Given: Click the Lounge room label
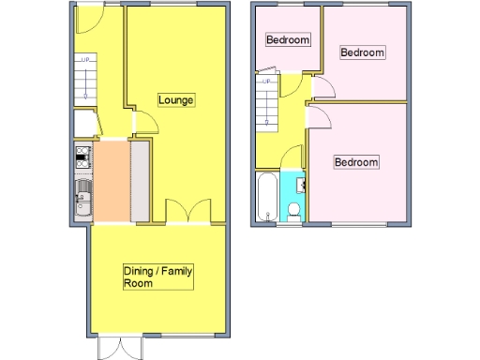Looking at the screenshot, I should tap(175, 100).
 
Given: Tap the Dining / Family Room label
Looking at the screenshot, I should tap(157, 277).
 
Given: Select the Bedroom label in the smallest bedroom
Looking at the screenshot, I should tap(287, 40).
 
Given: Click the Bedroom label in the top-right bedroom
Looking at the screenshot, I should tap(362, 52).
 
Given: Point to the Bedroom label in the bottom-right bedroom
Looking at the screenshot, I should tap(357, 162).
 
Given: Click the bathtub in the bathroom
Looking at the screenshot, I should tap(265, 196).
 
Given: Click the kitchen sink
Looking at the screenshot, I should tap(82, 197).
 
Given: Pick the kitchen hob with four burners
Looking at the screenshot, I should tap(82, 157).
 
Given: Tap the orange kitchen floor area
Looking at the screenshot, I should tap(112, 180).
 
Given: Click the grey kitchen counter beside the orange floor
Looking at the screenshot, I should tap(141, 180).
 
